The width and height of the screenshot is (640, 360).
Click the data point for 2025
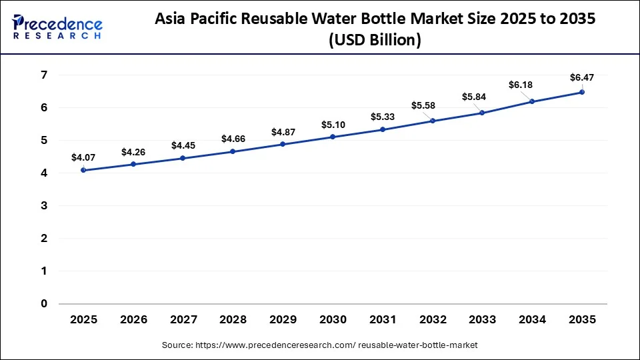[83, 170]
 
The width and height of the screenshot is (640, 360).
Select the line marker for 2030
[333, 137]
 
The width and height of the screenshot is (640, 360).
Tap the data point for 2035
[582, 92]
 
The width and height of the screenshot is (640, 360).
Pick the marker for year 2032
[433, 121]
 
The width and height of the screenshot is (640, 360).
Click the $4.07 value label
[83, 158]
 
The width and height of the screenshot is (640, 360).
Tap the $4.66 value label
[233, 139]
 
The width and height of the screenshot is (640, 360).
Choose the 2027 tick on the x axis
[183, 320]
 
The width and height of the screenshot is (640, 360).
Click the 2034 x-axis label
[532, 320]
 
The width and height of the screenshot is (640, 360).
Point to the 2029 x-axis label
[283, 320]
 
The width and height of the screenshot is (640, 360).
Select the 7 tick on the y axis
[44, 75]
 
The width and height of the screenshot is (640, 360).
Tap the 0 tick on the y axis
[44, 303]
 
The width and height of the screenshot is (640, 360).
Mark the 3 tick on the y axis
[44, 205]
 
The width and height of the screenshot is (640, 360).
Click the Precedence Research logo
[57, 27]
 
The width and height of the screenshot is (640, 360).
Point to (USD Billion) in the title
[375, 40]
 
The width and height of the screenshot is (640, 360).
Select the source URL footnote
[320, 345]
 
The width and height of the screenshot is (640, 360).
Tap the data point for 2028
[233, 151]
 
